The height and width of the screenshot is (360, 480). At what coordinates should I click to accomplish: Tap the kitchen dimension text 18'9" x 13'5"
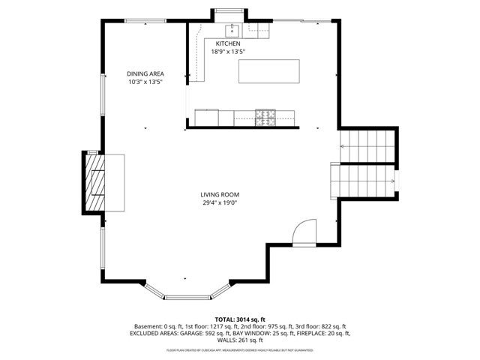coord(228,52)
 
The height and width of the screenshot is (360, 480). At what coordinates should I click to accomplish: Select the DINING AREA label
coord(145,73)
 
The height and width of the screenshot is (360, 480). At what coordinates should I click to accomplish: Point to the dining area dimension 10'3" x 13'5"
coord(145,82)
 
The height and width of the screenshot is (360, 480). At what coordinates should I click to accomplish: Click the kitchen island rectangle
coord(268,72)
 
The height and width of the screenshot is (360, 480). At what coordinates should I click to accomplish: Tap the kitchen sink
coord(232,30)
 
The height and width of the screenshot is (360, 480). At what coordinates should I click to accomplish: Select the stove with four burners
coord(265,117)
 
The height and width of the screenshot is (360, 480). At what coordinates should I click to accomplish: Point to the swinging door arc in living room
coord(305,232)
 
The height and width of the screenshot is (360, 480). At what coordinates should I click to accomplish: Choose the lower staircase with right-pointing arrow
coord(364,181)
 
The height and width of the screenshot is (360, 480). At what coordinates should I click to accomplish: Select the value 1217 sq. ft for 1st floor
coord(235,326)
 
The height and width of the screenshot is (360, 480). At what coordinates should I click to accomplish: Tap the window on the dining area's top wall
coord(145,21)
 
